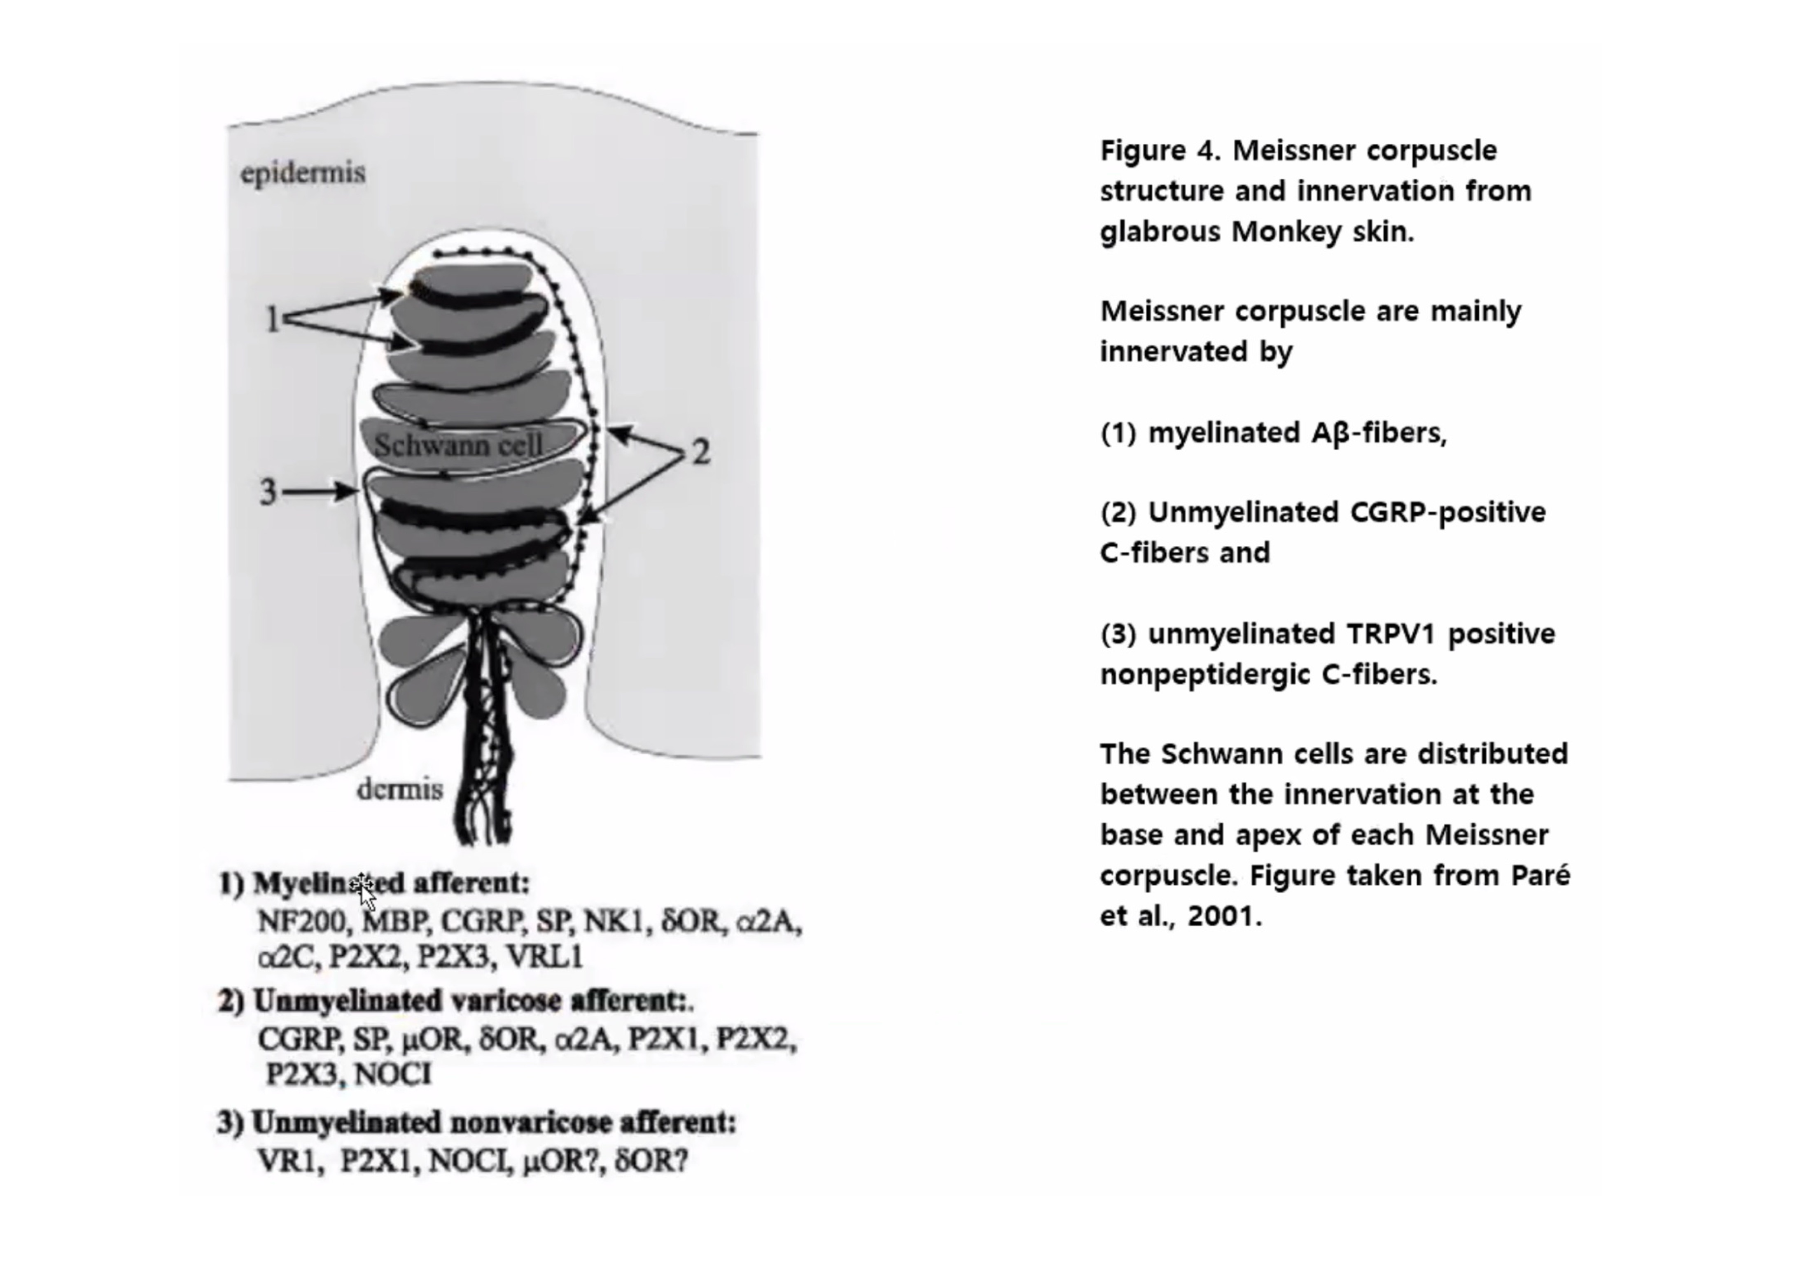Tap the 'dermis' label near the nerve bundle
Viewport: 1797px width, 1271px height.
pyautogui.click(x=399, y=789)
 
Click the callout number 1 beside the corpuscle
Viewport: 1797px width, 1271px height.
pyautogui.click(x=272, y=318)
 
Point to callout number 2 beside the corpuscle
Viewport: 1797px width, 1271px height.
pyautogui.click(x=700, y=451)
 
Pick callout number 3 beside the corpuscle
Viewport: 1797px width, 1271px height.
pyautogui.click(x=268, y=491)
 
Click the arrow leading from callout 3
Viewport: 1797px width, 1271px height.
pyautogui.click(x=321, y=491)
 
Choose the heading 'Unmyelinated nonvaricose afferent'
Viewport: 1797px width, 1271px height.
pyautogui.click(x=493, y=1122)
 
